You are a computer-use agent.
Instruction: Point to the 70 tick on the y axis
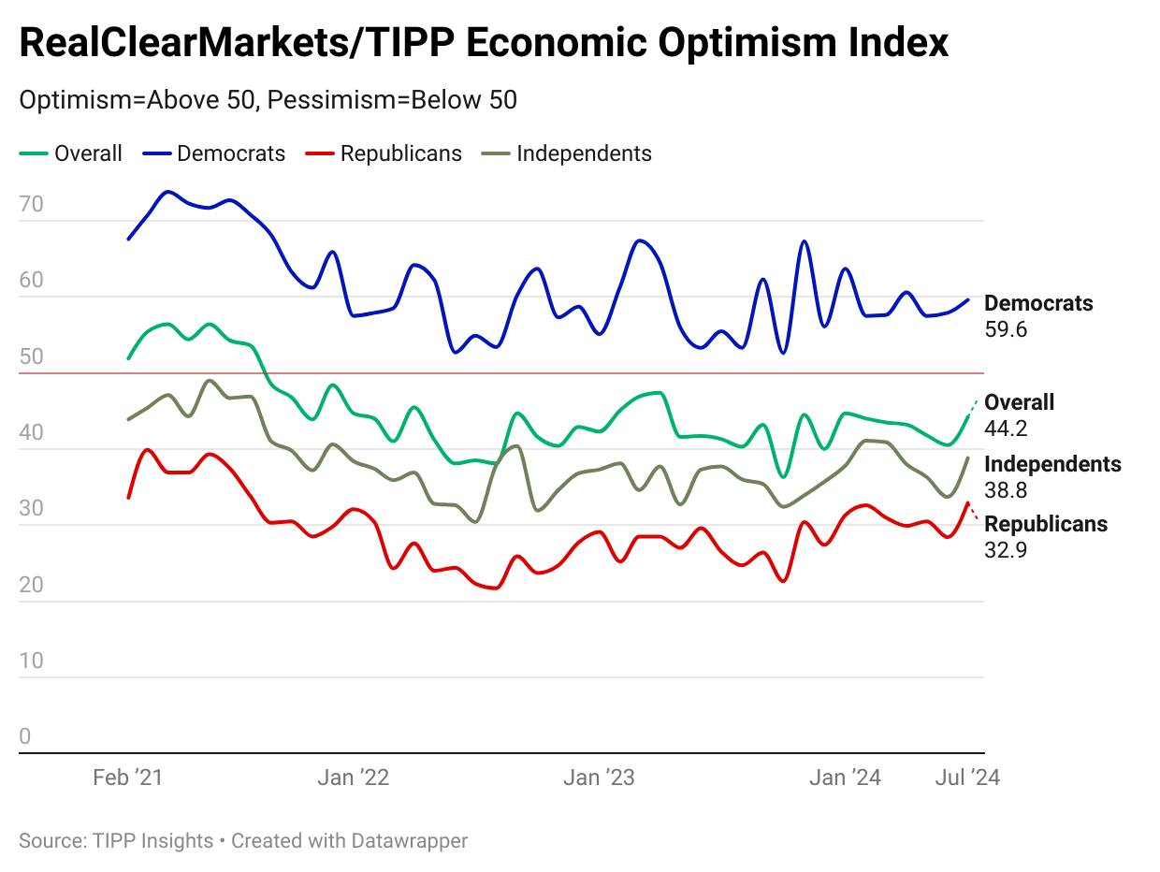[x=31, y=205]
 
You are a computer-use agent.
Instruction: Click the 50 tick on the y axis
[x=31, y=356]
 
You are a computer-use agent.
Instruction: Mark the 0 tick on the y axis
[x=25, y=736]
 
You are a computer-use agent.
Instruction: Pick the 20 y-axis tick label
[x=31, y=585]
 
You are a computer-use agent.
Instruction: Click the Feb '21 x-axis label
[x=127, y=778]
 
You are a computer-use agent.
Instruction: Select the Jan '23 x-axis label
[x=600, y=778]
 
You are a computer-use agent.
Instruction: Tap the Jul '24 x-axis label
[x=967, y=778]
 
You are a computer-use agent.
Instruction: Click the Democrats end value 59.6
[x=1007, y=329]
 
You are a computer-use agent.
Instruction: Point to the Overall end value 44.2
[x=1007, y=429]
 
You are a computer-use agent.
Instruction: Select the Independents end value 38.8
[x=1007, y=490]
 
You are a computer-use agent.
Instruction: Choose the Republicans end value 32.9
[x=1007, y=550]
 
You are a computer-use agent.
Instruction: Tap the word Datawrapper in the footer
[x=409, y=841]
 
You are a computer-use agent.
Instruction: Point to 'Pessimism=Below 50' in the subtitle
[x=392, y=100]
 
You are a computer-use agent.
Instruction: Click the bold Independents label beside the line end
[x=1052, y=464]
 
